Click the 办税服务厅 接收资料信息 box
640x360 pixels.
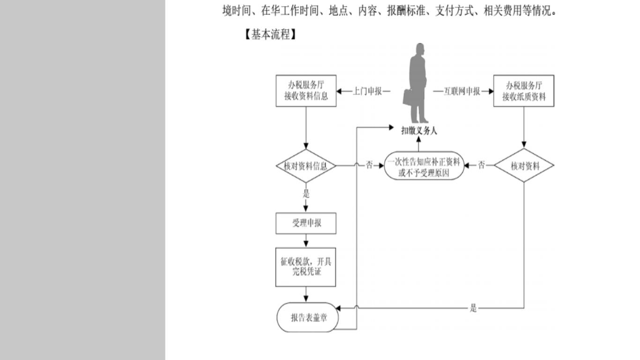pos(306,91)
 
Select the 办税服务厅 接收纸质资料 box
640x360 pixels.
pos(524,91)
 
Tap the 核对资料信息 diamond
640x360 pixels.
pos(306,166)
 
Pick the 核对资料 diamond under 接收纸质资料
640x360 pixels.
pos(524,166)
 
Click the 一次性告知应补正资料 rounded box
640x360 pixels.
pos(424,166)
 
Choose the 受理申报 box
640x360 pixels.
pos(306,224)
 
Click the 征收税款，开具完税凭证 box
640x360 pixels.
pos(306,267)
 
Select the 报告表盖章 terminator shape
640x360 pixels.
pos(308,317)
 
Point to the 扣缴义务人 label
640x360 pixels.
pos(419,131)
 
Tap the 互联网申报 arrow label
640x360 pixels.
pos(462,91)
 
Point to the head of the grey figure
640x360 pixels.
pos(420,49)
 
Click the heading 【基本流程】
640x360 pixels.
pos(270,35)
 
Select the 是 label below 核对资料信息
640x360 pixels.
pos(306,194)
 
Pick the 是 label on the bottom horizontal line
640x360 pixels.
pos(473,308)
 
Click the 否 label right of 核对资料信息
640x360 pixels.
pos(369,165)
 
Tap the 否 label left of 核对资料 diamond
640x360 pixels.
pos(482,165)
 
